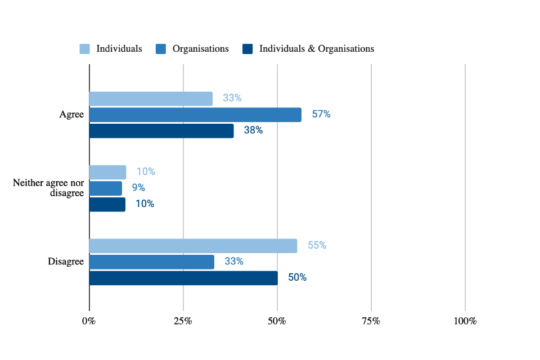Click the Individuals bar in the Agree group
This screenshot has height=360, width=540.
point(151,99)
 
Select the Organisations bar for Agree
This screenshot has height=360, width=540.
point(195,115)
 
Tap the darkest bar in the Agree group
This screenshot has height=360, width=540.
point(161,131)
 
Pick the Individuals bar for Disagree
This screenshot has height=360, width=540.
point(193,246)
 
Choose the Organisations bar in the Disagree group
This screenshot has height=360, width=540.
point(152,262)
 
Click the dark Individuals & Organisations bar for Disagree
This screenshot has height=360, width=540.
point(183,278)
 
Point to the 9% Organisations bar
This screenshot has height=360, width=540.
point(106,188)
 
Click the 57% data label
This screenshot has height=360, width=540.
point(321,114)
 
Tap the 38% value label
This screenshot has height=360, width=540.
point(253,130)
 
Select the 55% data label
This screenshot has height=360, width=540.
point(317,245)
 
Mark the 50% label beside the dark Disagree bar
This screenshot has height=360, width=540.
point(297,277)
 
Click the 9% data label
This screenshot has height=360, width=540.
point(138,188)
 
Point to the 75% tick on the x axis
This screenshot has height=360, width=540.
point(371,321)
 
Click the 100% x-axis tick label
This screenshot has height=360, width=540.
point(465,321)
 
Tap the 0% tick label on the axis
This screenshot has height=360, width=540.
point(89,321)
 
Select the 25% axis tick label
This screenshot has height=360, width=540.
point(183,321)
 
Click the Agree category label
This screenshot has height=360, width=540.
point(71,115)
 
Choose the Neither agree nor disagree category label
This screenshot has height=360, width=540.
point(48,188)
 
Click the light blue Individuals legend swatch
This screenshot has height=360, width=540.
point(84,49)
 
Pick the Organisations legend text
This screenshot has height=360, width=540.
point(200,49)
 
